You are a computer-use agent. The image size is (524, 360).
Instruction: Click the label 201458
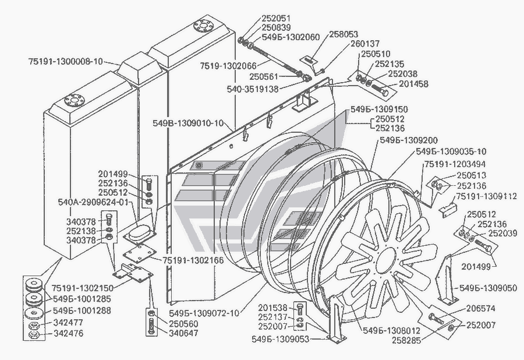(x=413, y=84)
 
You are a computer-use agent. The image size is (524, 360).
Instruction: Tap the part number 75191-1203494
(x=455, y=164)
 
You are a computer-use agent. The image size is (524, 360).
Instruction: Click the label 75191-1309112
(x=487, y=196)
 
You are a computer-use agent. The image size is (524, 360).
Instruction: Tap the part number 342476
(x=69, y=334)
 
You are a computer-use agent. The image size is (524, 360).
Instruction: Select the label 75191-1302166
(x=193, y=260)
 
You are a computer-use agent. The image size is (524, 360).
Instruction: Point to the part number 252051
(x=276, y=18)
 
